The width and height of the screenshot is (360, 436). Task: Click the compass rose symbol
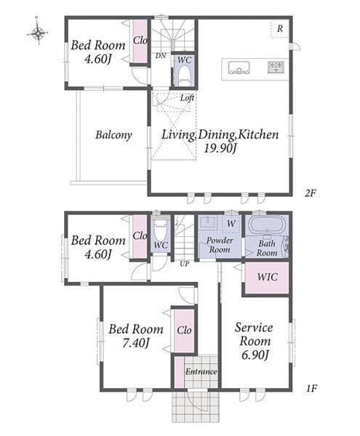tap(37, 33)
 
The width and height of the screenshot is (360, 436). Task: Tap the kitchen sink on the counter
tap(239, 68)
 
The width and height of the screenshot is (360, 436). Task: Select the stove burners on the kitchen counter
tap(276, 67)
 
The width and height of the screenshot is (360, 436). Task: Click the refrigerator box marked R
tap(280, 28)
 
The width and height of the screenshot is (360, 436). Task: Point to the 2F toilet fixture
tap(183, 75)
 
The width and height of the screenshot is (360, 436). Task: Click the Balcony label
tap(113, 135)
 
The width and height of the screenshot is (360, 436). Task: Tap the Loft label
tap(187, 98)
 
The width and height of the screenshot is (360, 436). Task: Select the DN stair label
tap(161, 56)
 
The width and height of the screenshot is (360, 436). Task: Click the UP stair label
tap(184, 264)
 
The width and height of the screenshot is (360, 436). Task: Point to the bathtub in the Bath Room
tap(267, 225)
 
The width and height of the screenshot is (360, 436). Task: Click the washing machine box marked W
tap(231, 224)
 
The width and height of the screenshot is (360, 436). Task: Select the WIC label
tap(267, 277)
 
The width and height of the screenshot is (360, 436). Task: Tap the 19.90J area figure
tap(220, 149)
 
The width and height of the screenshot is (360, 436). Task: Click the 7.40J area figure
tap(136, 343)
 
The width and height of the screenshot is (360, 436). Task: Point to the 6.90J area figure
tap(255, 355)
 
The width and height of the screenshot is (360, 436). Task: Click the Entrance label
tap(201, 371)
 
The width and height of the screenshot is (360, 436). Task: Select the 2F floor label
tap(311, 193)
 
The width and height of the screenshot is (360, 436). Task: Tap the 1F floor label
tap(311, 388)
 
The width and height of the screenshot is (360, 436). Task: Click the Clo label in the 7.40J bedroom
tap(184, 331)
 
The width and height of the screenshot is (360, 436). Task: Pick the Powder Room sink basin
tap(208, 222)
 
